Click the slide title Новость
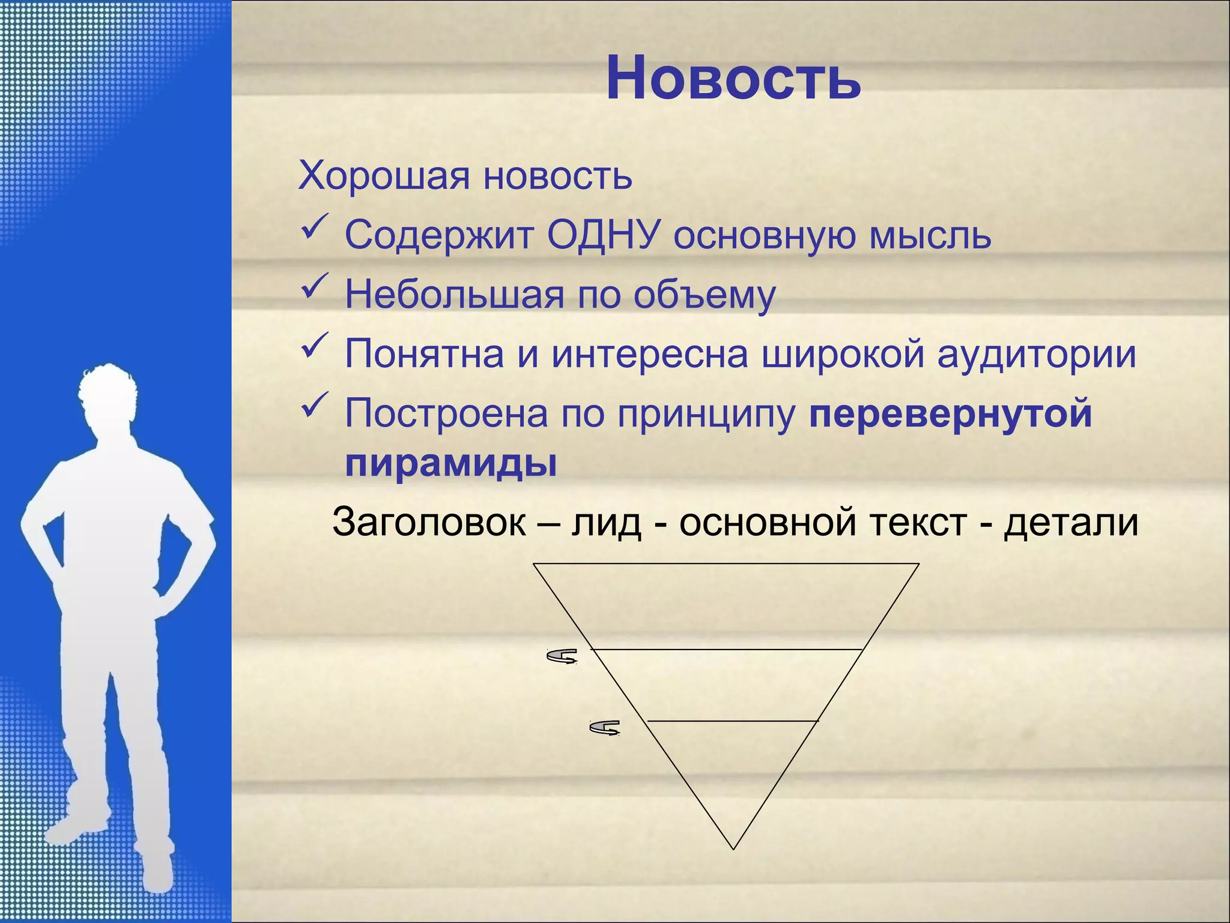point(733,79)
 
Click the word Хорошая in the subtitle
point(384,176)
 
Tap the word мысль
point(930,236)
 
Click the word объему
point(704,296)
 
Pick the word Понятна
point(424,354)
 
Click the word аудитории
point(1037,355)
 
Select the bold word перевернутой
point(951,414)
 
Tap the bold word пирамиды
point(451,463)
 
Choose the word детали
point(1071,522)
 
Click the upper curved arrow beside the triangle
point(562,656)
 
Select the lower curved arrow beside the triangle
point(605,728)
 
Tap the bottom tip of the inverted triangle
point(733,847)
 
